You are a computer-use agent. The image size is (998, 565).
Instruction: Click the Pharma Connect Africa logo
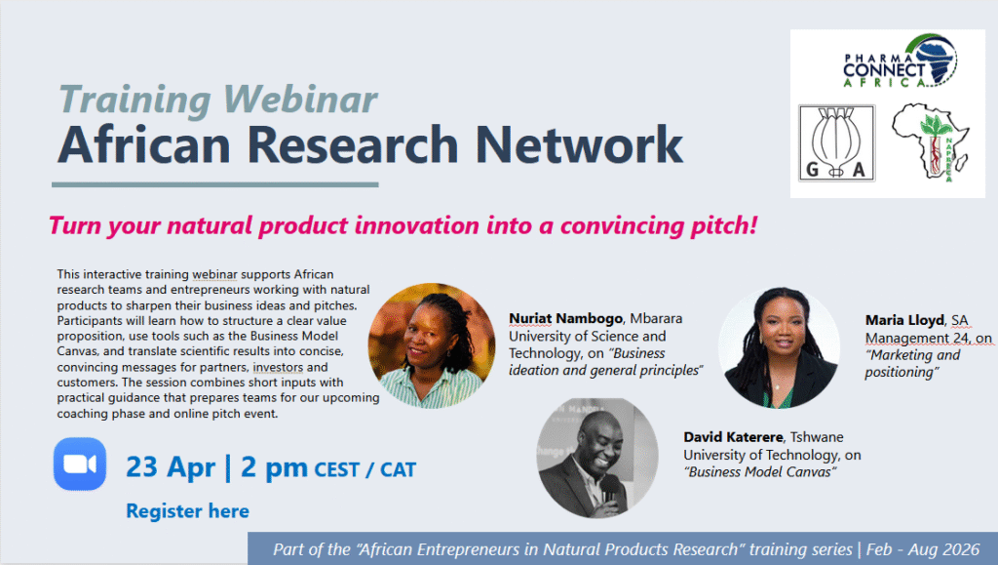(x=900, y=61)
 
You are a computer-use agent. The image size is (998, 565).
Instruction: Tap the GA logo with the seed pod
(x=837, y=143)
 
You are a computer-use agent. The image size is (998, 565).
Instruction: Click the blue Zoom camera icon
(x=80, y=464)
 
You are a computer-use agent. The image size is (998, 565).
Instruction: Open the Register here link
(x=187, y=511)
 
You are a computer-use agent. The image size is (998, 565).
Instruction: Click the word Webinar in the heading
(x=300, y=100)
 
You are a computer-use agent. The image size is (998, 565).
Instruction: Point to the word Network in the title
(x=579, y=144)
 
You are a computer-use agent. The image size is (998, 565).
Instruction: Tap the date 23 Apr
(x=171, y=466)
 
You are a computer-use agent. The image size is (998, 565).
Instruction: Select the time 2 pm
(x=274, y=466)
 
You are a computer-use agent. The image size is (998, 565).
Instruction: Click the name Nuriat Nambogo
(x=565, y=318)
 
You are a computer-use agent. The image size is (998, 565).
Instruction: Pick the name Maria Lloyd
(x=903, y=320)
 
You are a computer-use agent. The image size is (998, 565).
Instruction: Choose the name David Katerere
(x=733, y=437)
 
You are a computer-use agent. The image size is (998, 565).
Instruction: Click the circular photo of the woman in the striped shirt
(x=432, y=345)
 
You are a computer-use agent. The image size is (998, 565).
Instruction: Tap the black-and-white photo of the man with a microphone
(x=597, y=458)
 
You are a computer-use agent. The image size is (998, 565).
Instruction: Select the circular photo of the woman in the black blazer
(x=779, y=347)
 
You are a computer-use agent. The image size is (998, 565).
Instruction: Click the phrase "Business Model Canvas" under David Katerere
(x=760, y=472)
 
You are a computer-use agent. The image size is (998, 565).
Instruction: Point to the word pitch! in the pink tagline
(x=724, y=225)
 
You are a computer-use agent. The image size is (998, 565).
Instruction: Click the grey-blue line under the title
(x=215, y=184)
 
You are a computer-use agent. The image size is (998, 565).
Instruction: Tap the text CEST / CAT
(x=365, y=470)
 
